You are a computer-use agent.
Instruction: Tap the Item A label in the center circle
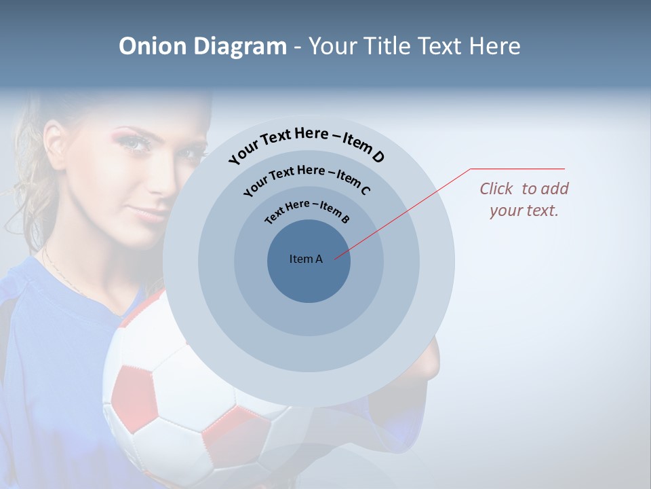pyautogui.click(x=306, y=259)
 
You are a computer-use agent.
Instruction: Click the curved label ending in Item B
pyautogui.click(x=307, y=210)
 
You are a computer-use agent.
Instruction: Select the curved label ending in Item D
pyautogui.click(x=307, y=144)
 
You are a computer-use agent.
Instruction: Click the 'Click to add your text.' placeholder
pyautogui.click(x=524, y=199)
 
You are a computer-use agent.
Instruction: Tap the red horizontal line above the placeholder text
pyautogui.click(x=518, y=168)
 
